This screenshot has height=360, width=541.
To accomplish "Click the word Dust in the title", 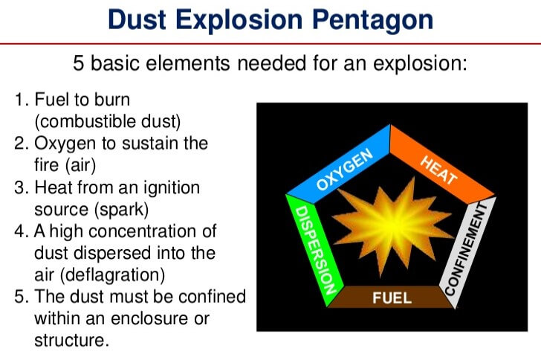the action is (137, 19).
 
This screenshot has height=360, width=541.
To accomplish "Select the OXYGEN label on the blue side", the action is (344, 169).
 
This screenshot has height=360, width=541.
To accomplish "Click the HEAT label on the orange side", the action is (438, 170).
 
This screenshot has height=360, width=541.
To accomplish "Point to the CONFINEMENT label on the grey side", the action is (467, 249).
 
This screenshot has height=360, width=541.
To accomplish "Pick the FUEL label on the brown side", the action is (392, 298).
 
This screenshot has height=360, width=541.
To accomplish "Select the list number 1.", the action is (20, 100).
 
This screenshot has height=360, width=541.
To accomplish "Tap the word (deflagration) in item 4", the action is (112, 275).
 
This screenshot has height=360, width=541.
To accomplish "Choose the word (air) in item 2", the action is (79, 165).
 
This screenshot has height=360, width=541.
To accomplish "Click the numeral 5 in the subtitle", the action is (78, 63).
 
